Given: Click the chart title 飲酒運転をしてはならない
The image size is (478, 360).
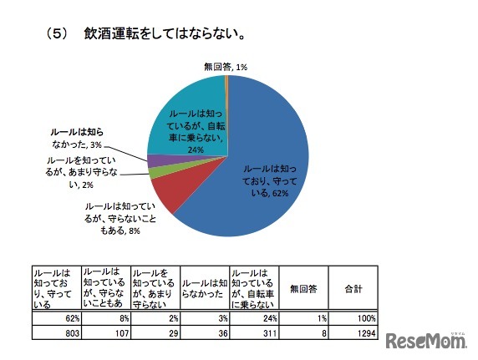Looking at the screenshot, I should point(164,35).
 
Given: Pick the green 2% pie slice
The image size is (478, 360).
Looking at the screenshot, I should point(156,172).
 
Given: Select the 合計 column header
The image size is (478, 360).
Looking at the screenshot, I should point(353,289).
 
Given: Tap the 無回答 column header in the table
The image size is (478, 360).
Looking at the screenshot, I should point(303,289).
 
